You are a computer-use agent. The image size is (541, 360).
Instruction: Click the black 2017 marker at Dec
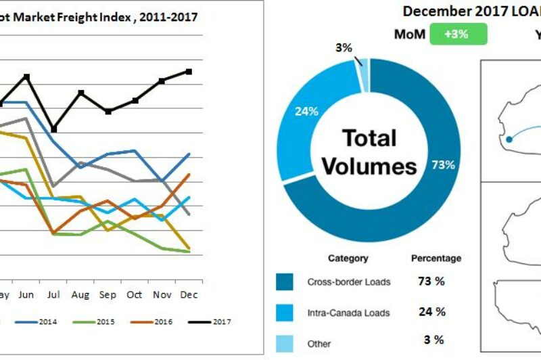[189, 71]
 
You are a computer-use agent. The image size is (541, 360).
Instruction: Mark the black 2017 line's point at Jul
[54, 129]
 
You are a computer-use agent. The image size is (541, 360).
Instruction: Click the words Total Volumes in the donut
[369, 152]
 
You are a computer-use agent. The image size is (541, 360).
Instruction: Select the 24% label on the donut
[306, 112]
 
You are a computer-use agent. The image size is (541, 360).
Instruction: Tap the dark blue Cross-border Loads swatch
[285, 282]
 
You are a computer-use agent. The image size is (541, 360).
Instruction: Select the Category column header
[348, 258]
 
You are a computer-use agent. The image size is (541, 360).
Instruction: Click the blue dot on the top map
[509, 139]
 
